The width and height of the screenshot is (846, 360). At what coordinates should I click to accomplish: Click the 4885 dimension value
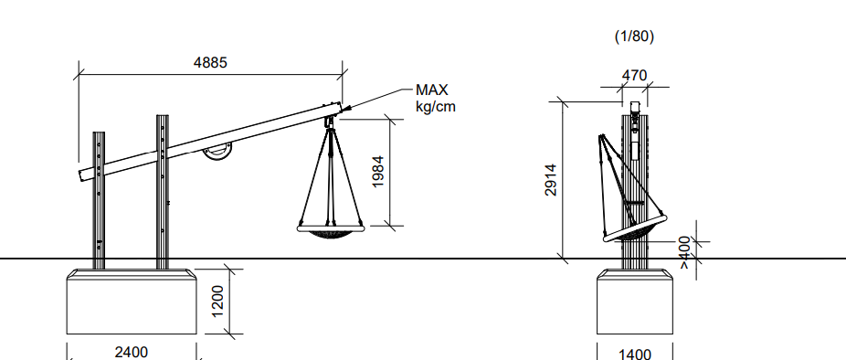(x=210, y=63)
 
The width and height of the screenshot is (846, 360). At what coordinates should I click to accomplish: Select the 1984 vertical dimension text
(x=378, y=172)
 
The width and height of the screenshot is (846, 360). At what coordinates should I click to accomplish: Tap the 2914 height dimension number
(x=550, y=180)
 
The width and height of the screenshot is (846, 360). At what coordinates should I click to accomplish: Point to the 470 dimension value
(x=634, y=76)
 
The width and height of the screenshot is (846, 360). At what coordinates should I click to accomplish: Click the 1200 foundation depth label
(x=217, y=302)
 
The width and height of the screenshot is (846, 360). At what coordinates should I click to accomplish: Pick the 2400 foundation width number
(x=132, y=353)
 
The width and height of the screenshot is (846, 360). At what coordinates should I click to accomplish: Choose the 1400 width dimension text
(x=634, y=355)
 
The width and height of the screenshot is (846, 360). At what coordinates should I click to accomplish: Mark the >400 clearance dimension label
(x=684, y=251)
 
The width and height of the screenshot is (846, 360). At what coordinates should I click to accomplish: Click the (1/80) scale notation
(x=634, y=37)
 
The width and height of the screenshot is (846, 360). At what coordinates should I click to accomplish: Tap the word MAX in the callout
(x=431, y=90)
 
